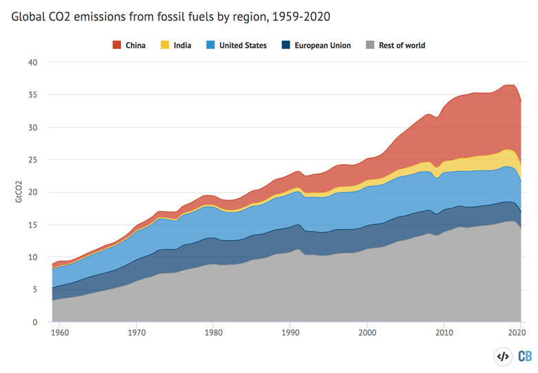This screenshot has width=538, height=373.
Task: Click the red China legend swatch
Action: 117,45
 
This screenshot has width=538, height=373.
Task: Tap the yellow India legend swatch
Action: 165,45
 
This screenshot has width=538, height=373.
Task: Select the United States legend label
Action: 243,46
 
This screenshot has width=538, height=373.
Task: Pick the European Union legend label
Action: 323,46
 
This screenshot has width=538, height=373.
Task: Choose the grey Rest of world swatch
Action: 370,45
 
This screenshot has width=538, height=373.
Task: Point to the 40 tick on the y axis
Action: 33,62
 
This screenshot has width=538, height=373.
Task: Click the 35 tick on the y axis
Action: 33,94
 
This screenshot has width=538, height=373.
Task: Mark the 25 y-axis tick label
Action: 33,160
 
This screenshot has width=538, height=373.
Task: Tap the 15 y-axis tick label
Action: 33,225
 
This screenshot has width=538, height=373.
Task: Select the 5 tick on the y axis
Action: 35,290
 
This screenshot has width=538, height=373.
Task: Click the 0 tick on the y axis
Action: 35,322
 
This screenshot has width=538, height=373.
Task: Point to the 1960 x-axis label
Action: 60,332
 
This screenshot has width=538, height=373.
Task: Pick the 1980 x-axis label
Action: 213,332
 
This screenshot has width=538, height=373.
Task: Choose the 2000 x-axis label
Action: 367,332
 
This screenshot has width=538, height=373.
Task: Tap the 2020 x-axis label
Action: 517,332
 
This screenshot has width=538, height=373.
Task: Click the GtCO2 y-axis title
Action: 19,192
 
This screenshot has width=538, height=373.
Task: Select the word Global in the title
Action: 28,17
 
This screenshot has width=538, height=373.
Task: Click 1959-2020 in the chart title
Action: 301,17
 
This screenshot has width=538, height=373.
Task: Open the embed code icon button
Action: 503,356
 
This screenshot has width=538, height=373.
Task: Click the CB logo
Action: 525,356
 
